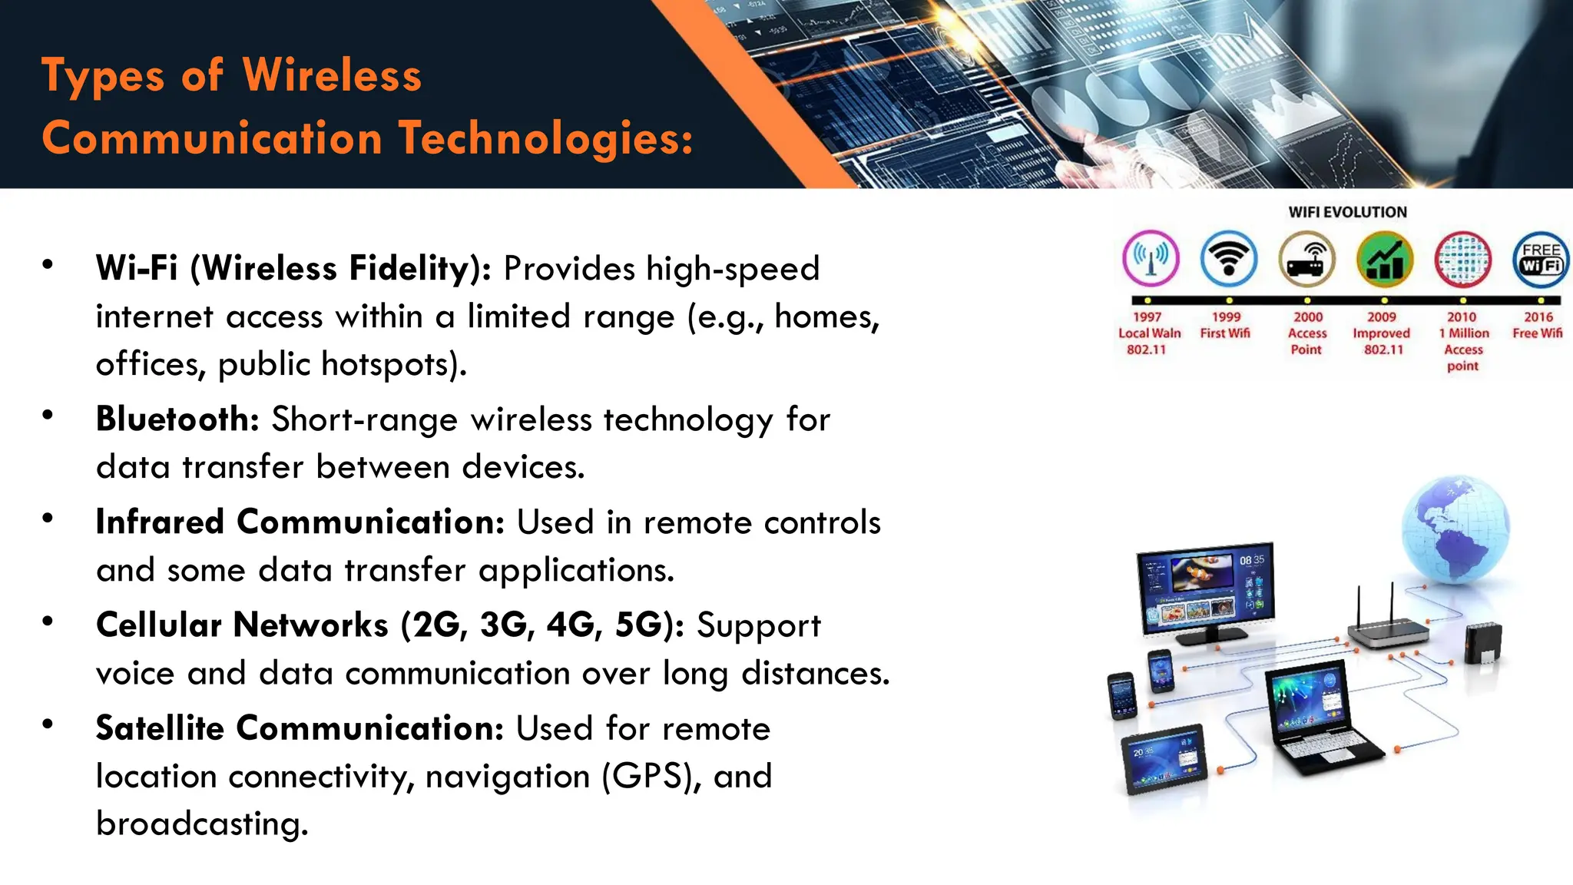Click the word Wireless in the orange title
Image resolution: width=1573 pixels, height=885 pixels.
[332, 75]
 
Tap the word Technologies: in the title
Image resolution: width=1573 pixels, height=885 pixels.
[545, 138]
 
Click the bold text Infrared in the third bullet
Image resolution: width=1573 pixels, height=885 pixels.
[160, 522]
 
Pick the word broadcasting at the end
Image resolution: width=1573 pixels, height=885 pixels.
[201, 824]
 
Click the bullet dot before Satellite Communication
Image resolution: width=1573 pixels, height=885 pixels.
[48, 724]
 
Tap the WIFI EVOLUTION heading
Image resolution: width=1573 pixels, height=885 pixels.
[1347, 212]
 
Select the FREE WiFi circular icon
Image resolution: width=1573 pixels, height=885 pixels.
[1540, 259]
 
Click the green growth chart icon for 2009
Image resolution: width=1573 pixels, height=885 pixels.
[1384, 259]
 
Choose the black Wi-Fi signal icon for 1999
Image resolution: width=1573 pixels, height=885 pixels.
[1228, 259]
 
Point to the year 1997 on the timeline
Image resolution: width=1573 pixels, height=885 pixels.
[1147, 317]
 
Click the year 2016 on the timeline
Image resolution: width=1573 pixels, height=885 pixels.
[1538, 317]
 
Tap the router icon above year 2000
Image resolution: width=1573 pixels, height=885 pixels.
[1306, 259]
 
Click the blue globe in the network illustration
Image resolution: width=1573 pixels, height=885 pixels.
[1454, 530]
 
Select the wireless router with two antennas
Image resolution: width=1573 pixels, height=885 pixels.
[1387, 626]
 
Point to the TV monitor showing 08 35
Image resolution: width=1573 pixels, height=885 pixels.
[1204, 592]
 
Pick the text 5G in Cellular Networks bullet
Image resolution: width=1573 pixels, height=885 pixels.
[637, 625]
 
